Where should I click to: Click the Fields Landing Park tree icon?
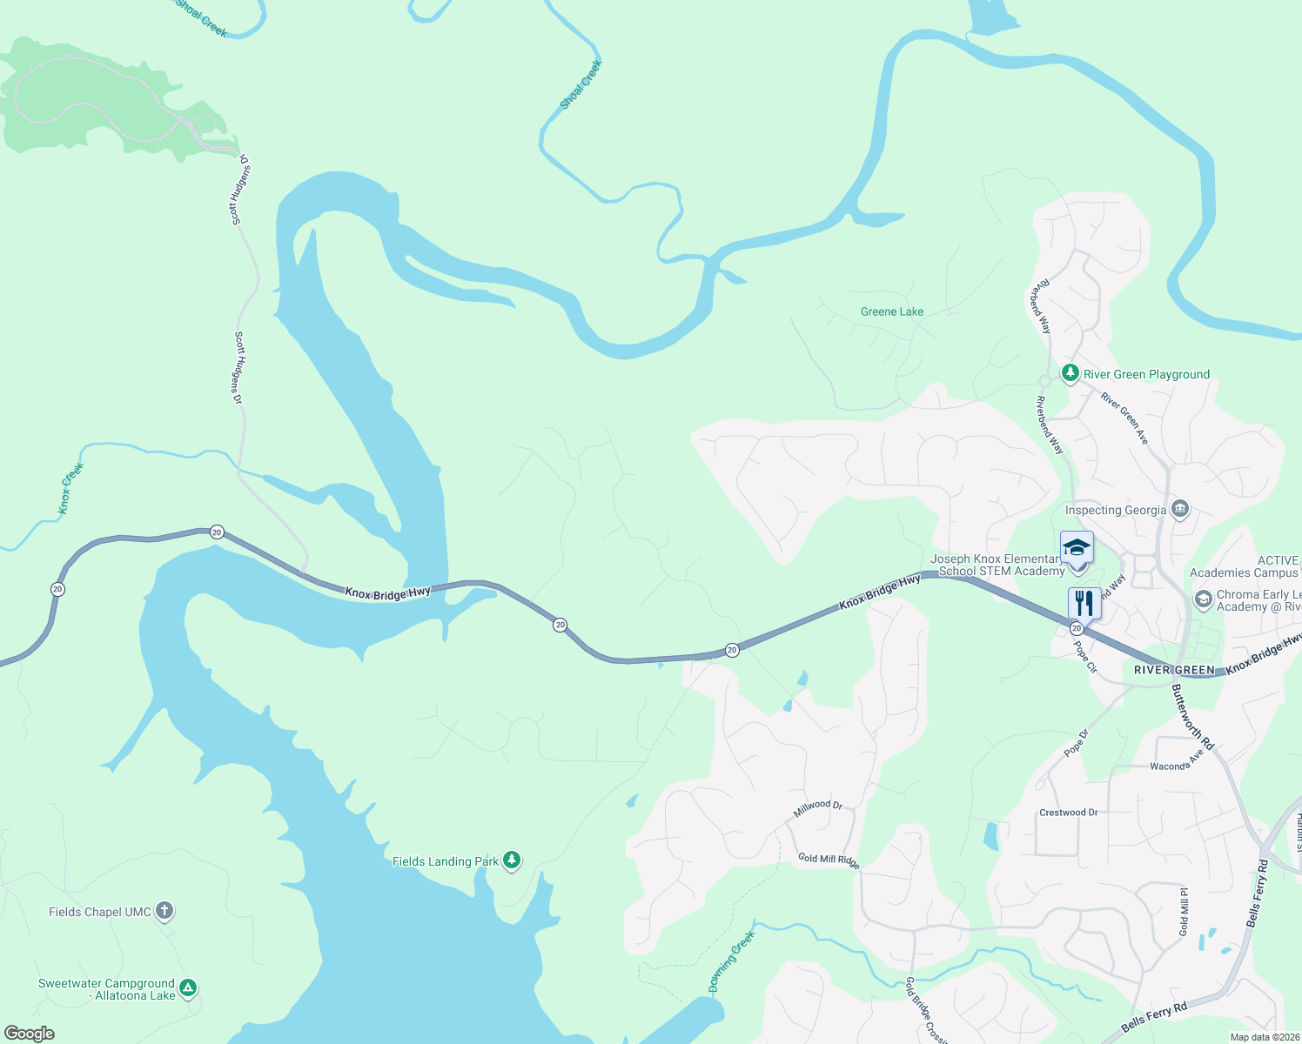coord(512,860)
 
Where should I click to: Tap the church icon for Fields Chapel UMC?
coord(164,911)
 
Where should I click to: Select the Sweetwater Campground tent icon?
coord(188,988)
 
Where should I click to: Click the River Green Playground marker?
coord(1070,373)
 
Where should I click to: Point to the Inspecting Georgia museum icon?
coord(1180,508)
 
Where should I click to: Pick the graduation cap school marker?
coord(1077,548)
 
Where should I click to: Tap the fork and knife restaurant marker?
coord(1084,602)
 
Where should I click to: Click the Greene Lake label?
coord(891,311)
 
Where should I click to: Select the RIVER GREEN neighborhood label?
coord(1174,670)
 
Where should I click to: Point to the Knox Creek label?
coord(71,488)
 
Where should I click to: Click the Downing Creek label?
coord(731,961)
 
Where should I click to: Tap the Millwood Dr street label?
coord(818,808)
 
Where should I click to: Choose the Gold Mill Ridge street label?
coord(829,860)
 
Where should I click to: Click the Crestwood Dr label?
coord(1068,813)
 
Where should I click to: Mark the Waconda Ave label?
coord(1176,761)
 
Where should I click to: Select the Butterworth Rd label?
coord(1191,717)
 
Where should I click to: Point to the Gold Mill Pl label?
coord(1184,912)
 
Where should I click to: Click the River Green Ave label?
coord(1124,418)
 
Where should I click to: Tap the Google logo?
coord(30,1034)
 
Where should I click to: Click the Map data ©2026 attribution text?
coord(1264,1037)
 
